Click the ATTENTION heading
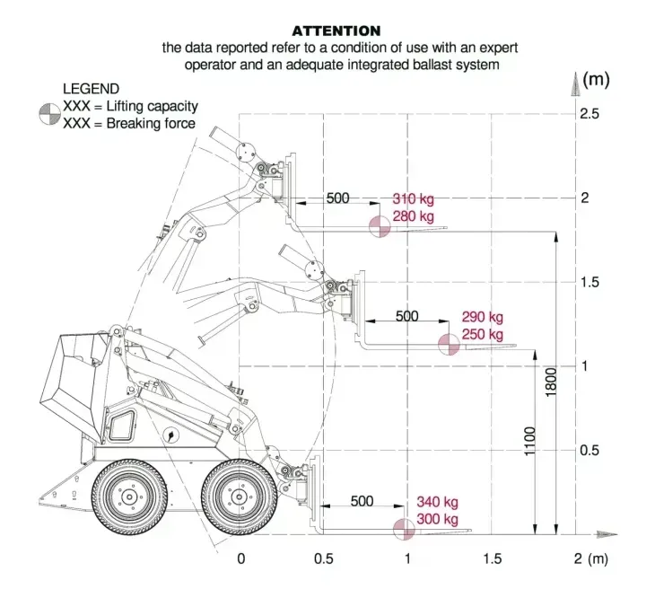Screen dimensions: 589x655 coord(336,31)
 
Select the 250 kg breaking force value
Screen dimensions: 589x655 coord(482,335)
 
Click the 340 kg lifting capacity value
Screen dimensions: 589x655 coord(437,502)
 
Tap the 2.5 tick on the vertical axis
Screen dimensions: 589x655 coord(589,114)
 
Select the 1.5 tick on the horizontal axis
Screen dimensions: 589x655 coord(492,558)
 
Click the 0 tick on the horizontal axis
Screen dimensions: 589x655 coord(240,558)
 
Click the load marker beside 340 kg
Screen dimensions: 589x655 coord(405,530)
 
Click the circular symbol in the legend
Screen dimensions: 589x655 coord(49,114)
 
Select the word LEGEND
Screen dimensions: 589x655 coord(91,89)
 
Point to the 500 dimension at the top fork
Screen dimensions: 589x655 coord(337,198)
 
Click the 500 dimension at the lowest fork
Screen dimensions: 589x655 coord(362,501)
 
